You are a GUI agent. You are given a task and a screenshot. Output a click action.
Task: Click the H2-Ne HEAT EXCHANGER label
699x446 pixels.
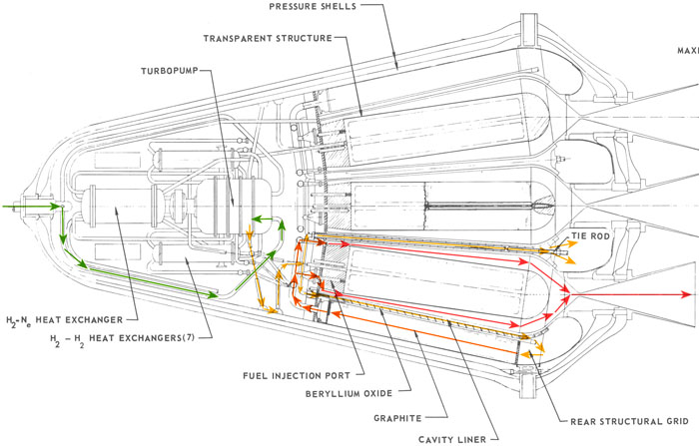[x=63, y=319]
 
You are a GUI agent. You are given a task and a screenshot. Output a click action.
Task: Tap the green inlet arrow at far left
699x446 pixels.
[x=10, y=208]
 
